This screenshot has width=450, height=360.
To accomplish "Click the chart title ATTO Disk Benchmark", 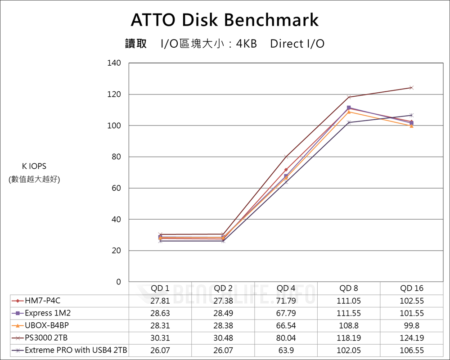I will pyautogui.click(x=225, y=20).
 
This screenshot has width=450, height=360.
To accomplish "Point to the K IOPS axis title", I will pyautogui.click(x=34, y=166).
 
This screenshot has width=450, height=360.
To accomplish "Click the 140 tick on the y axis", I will pyautogui.click(x=114, y=63).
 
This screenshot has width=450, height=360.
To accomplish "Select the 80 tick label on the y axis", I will pyautogui.click(x=116, y=157).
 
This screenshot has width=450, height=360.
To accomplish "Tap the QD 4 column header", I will pyautogui.click(x=286, y=288).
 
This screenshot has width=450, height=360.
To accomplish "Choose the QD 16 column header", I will pyautogui.click(x=412, y=288).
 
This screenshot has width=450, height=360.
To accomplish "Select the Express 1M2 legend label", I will pyautogui.click(x=48, y=313).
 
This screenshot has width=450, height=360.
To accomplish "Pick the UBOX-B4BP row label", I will pyautogui.click(x=47, y=325).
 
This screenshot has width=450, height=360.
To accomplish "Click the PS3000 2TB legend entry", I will pyautogui.click(x=45, y=337).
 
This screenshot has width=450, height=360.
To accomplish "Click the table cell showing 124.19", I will pyautogui.click(x=412, y=337).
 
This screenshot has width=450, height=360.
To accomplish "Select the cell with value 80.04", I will pyautogui.click(x=286, y=337).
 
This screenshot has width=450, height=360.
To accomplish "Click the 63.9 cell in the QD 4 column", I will pyautogui.click(x=286, y=350).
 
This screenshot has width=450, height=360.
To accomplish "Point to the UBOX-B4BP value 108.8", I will pyautogui.click(x=349, y=325).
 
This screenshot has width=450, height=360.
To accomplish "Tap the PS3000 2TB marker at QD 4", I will pyautogui.click(x=286, y=157).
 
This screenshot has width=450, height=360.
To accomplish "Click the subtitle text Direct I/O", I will pyautogui.click(x=297, y=44).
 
